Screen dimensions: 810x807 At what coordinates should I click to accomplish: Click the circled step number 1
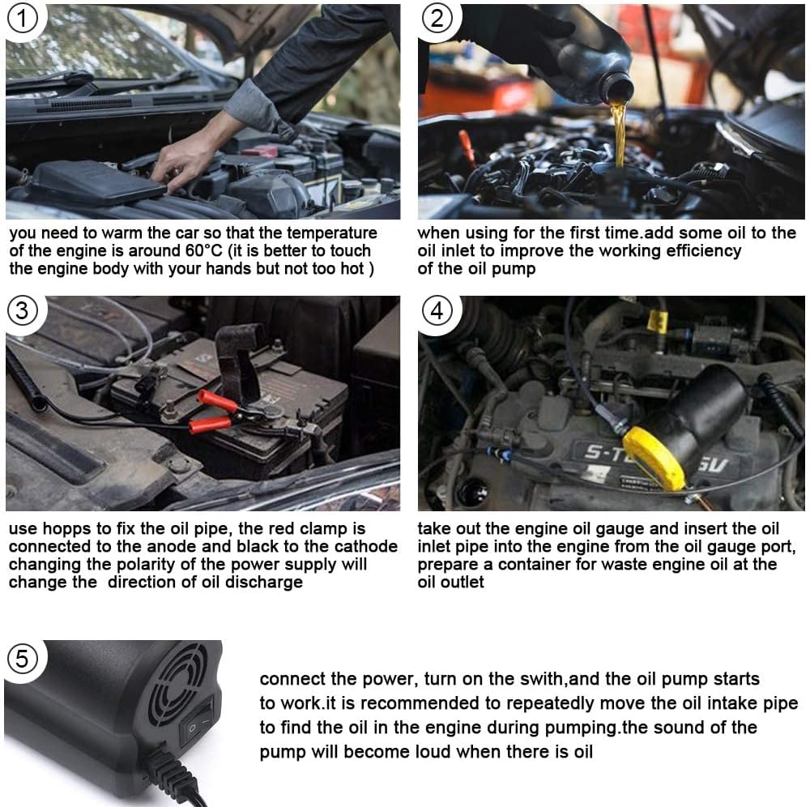tap(22, 19)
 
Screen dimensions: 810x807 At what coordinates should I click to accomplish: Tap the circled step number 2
tap(437, 19)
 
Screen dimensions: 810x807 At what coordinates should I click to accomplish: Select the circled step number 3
tap(22, 310)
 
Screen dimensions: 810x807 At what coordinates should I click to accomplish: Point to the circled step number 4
tap(437, 310)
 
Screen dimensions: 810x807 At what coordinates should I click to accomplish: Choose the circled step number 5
tap(22, 659)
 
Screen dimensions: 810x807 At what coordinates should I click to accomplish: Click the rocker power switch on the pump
tap(197, 721)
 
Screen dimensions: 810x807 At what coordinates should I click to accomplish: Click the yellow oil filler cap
tap(654, 458)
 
